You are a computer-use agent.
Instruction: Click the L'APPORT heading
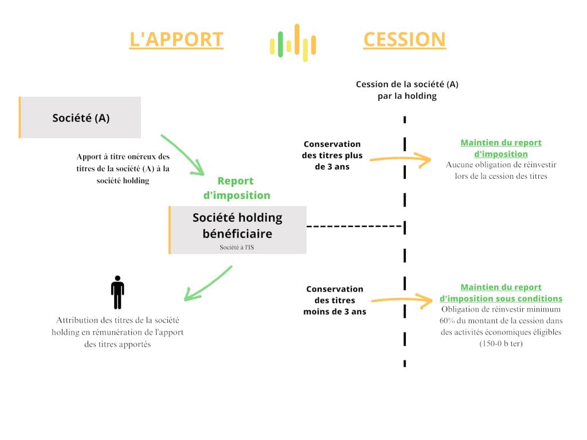pyautogui.click(x=176, y=40)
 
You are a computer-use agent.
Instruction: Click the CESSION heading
pyautogui.click(x=404, y=40)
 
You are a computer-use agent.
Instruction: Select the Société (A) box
pyautogui.click(x=80, y=117)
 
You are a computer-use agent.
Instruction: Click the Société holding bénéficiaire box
pyautogui.click(x=237, y=229)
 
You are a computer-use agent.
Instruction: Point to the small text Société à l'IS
pyautogui.click(x=237, y=247)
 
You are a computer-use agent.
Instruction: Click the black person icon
pyautogui.click(x=118, y=292)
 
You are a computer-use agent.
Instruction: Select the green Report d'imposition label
pyautogui.click(x=237, y=188)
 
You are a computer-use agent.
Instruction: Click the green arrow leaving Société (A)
pyautogui.click(x=182, y=154)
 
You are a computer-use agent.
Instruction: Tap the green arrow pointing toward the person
pyautogui.click(x=208, y=284)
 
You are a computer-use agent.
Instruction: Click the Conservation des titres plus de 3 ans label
pyautogui.click(x=332, y=155)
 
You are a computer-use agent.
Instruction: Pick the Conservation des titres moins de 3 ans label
pyautogui.click(x=334, y=300)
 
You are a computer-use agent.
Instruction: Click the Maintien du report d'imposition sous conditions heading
pyautogui.click(x=500, y=293)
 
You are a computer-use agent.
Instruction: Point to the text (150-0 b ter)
pyautogui.click(x=501, y=343)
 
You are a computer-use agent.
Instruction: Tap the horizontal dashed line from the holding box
pyautogui.click(x=354, y=226)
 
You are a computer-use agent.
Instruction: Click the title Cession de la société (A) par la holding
pyautogui.click(x=407, y=90)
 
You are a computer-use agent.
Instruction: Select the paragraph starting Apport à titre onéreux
pyautogui.click(x=123, y=168)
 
